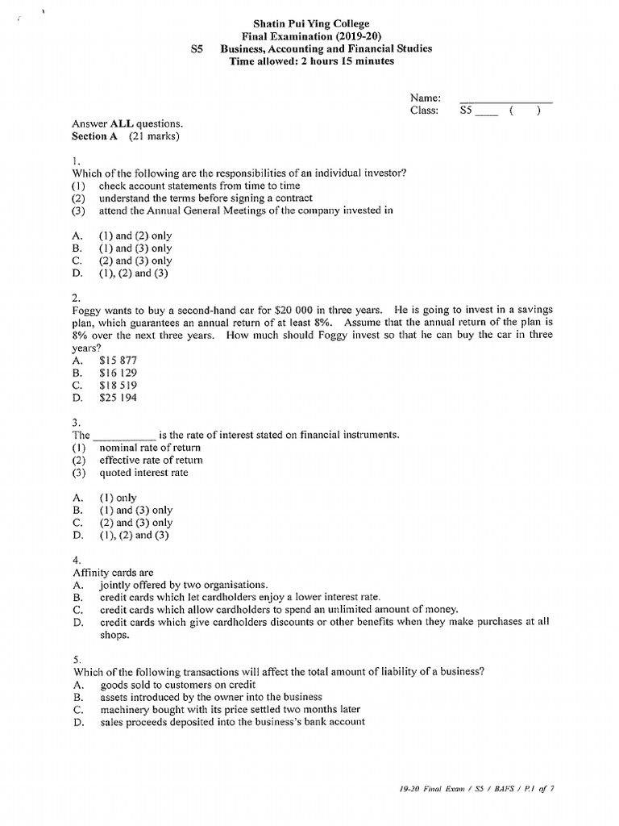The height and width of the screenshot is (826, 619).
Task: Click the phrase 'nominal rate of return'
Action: (150, 448)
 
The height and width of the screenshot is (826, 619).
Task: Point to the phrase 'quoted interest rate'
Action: (143, 473)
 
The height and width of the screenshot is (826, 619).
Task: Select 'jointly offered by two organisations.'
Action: (183, 584)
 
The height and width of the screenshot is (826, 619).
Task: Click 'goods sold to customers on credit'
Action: (178, 684)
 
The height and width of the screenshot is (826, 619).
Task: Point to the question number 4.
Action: (76, 560)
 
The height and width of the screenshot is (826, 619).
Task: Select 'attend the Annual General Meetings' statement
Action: (246, 211)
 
